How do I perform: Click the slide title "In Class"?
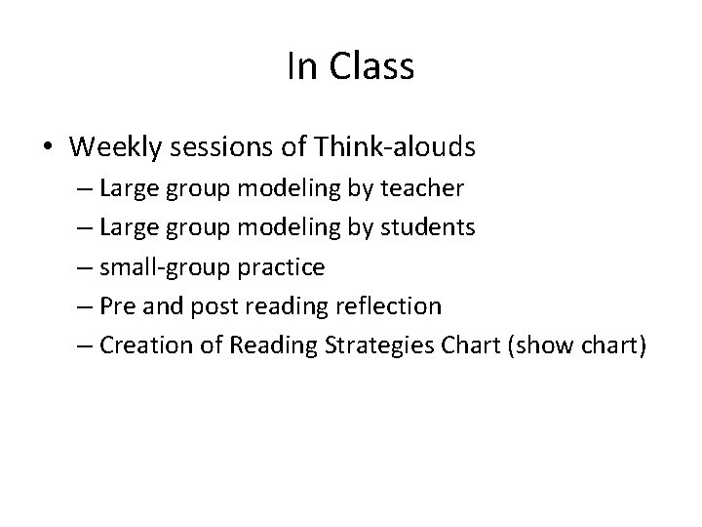351,66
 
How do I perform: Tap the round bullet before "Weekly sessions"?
47,147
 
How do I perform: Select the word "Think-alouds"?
395,147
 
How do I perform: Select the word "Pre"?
118,305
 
